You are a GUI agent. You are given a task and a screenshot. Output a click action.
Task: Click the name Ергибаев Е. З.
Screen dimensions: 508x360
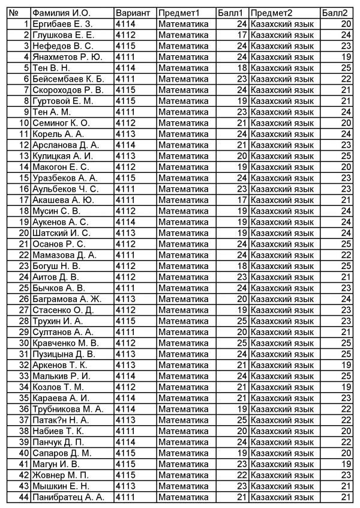point(62,23)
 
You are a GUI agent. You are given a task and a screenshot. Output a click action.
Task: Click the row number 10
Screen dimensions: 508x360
point(25,122)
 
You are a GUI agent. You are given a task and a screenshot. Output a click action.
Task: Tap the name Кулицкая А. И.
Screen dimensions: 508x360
point(62,156)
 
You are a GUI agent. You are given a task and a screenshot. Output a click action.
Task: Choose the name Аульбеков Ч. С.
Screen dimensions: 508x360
point(65,189)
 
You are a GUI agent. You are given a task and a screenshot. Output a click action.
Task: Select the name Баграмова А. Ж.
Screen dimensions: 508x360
point(67,298)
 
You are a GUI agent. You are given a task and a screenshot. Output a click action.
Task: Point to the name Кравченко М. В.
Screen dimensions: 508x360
point(65,343)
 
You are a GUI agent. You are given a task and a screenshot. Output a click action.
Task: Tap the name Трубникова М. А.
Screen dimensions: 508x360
point(68,409)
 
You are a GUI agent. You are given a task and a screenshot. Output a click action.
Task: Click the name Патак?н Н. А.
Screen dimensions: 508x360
point(61,420)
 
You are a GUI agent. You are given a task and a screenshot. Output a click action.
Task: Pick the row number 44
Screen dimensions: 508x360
point(25,497)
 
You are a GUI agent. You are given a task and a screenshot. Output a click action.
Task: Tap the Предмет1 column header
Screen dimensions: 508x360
point(179,13)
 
